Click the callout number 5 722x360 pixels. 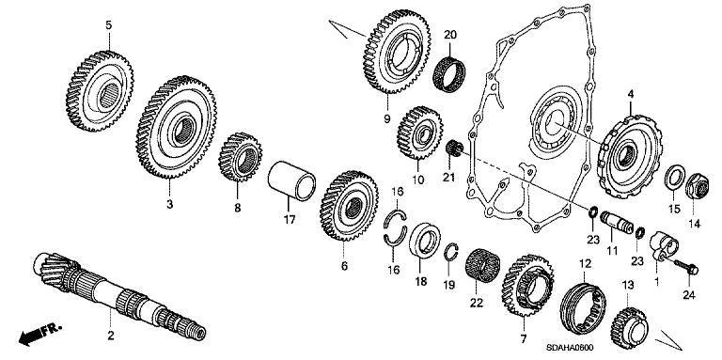pyautogui.click(x=108, y=24)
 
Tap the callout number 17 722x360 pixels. pyautogui.click(x=289, y=220)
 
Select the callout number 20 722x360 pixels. pyautogui.click(x=450, y=35)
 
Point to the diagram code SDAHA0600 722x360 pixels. pyautogui.click(x=570, y=347)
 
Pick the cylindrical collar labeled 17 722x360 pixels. pyautogui.click(x=292, y=180)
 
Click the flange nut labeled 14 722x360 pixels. pyautogui.click(x=696, y=187)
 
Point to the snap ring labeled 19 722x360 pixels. pyautogui.click(x=450, y=253)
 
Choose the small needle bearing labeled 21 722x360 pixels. pyautogui.click(x=454, y=149)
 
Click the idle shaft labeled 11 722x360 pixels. pyautogui.click(x=616, y=224)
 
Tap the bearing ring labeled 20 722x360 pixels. pyautogui.click(x=449, y=72)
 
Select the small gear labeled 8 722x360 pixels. pyautogui.click(x=240, y=157)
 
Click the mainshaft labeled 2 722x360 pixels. pyautogui.click(x=119, y=294)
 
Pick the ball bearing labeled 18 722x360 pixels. pyautogui.click(x=425, y=240)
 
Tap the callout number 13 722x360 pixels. pyautogui.click(x=628, y=286)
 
